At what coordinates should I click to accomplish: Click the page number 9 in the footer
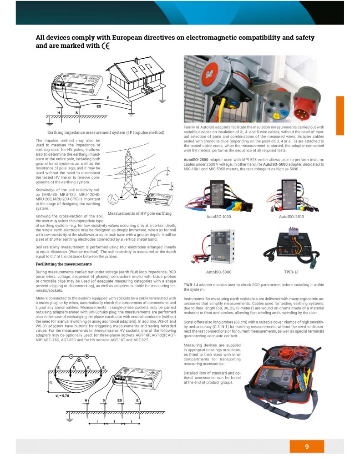point(307,446)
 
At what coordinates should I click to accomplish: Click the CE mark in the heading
point(106,46)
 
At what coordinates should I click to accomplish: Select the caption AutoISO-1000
point(219,217)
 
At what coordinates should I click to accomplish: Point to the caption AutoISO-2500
point(291,217)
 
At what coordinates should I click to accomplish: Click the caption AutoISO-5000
point(219,272)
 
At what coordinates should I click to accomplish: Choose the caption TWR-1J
point(291,272)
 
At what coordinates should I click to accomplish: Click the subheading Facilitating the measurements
point(63,264)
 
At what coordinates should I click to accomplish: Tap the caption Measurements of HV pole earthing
point(139,213)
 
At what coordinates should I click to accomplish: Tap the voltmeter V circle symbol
point(79,360)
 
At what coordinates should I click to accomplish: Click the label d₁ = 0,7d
point(63,395)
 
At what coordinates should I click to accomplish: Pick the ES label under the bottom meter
point(121,400)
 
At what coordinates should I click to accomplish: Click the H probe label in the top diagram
point(59,112)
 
